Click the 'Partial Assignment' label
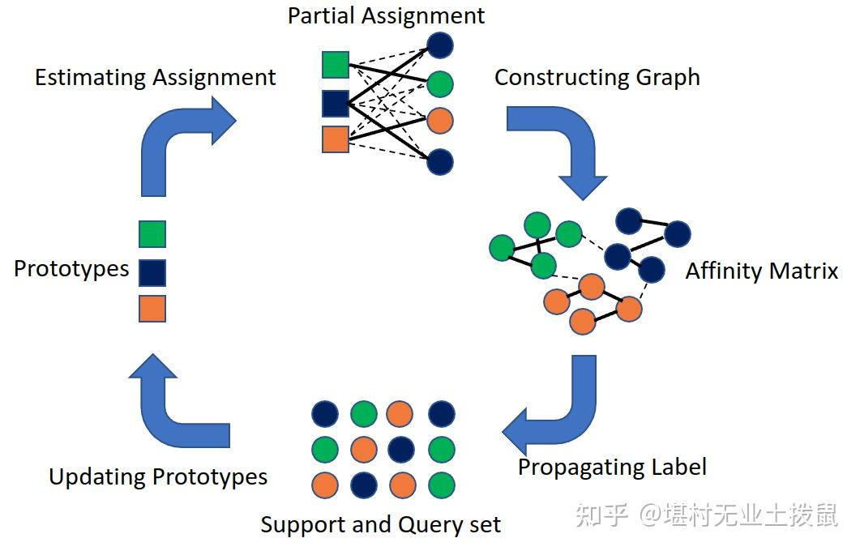[386, 15]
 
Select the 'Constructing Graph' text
[597, 78]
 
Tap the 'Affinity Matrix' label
[761, 271]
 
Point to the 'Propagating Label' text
[612, 468]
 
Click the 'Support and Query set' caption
[380, 524]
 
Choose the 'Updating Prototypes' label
[158, 476]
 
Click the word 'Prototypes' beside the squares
[71, 269]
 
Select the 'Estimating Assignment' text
[155, 78]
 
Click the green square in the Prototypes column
[152, 234]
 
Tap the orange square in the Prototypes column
[152, 309]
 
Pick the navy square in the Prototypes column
[152, 272]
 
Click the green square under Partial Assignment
[336, 65]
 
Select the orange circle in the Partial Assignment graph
[439, 122]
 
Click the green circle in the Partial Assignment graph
[439, 84]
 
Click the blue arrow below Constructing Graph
[559, 146]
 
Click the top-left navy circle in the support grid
[325, 414]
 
